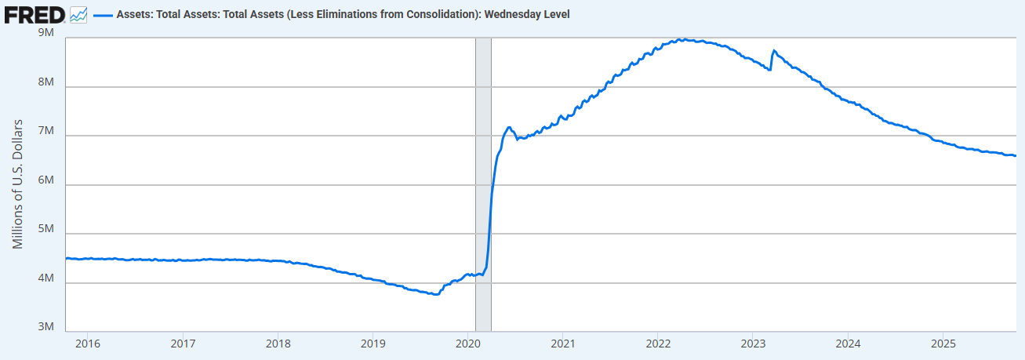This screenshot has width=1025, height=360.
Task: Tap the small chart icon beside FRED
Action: [78, 14]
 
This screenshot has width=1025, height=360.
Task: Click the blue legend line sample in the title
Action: [103, 15]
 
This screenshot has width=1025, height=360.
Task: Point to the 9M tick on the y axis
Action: [45, 34]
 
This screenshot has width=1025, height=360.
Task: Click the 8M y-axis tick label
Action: [45, 83]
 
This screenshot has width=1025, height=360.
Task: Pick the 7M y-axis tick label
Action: [45, 132]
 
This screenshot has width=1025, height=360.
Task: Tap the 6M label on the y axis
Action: [45, 181]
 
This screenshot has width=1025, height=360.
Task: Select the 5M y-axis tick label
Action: [45, 230]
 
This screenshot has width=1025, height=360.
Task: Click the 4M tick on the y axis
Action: [45, 279]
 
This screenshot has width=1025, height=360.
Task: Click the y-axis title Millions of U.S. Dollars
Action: [18, 184]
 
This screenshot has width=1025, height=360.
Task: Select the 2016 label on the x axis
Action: [88, 344]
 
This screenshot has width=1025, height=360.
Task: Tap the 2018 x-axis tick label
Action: [278, 344]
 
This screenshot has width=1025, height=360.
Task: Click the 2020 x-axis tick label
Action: [467, 344]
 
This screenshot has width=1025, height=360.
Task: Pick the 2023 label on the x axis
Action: [752, 344]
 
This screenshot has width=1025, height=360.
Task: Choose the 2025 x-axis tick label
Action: [942, 344]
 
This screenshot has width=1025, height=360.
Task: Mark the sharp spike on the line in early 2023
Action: [774, 51]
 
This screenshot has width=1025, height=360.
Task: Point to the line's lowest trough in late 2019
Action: [436, 294]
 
